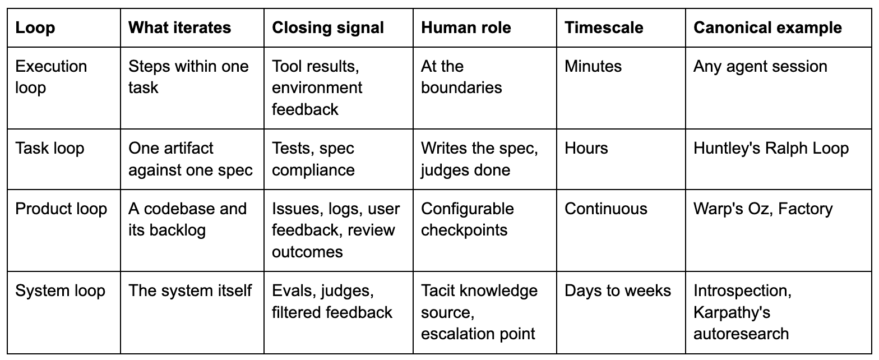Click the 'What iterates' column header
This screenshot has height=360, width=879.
click(180, 27)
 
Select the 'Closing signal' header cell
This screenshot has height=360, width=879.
click(327, 27)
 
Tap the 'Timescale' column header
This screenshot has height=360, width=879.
click(604, 27)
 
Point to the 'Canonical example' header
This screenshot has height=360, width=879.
click(767, 27)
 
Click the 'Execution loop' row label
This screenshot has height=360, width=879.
click(51, 77)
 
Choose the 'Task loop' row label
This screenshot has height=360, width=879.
click(50, 149)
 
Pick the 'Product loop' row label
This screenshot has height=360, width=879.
click(61, 209)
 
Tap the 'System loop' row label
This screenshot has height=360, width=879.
click(61, 291)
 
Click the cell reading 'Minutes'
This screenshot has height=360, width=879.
click(593, 66)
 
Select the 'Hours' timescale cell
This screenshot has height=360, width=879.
click(586, 149)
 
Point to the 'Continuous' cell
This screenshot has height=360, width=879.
click(606, 209)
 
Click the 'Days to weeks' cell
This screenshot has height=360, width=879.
click(618, 291)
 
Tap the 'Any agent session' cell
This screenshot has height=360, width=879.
click(760, 66)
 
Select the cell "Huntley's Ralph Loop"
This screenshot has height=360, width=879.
click(771, 149)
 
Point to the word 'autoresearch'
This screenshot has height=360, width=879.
click(741, 334)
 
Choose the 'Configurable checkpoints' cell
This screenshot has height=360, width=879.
click(468, 219)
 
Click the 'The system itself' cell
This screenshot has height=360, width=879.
click(190, 291)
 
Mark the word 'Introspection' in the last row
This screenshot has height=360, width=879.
click(742, 291)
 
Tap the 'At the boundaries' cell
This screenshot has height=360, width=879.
click(461, 77)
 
